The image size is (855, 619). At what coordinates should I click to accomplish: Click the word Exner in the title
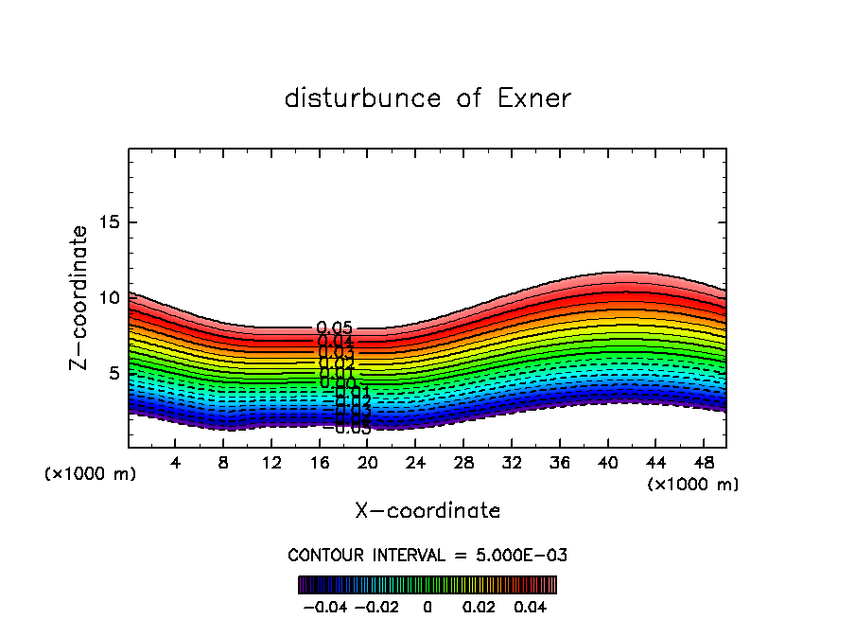coord(532,98)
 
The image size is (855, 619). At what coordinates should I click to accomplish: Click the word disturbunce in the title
coord(363,98)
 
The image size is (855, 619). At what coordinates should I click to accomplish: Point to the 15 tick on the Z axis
coord(105,222)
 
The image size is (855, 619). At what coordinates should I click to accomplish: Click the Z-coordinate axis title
coord(79,297)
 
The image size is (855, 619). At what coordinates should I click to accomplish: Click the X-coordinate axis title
coord(427,511)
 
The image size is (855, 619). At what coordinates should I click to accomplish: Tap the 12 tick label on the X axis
coord(271,463)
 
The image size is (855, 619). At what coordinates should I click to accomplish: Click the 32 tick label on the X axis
coord(512,463)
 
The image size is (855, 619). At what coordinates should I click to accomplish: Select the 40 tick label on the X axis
coord(607,463)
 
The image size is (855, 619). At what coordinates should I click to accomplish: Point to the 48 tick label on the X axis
coord(703,463)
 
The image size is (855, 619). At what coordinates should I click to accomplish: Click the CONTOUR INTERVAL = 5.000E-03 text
coord(427,555)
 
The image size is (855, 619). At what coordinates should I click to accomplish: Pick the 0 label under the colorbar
coord(427,606)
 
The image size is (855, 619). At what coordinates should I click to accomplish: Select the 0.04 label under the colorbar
coord(531,606)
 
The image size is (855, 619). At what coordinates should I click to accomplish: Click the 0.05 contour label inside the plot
coord(335,328)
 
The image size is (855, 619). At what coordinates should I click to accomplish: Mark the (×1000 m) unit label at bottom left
coord(91,473)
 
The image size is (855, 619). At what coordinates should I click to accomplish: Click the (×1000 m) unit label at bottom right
coord(693,485)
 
